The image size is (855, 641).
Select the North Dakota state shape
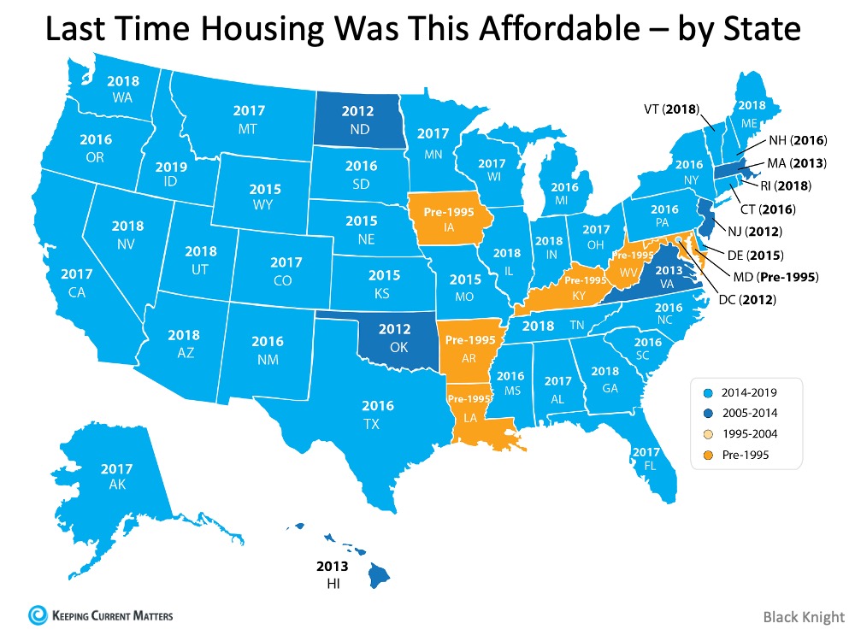[x=357, y=120]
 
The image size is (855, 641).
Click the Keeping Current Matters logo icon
[x=36, y=615]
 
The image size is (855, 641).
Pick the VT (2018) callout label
[x=671, y=109]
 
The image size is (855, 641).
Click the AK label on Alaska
[x=115, y=485]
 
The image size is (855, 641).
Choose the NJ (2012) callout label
[x=767, y=232]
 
